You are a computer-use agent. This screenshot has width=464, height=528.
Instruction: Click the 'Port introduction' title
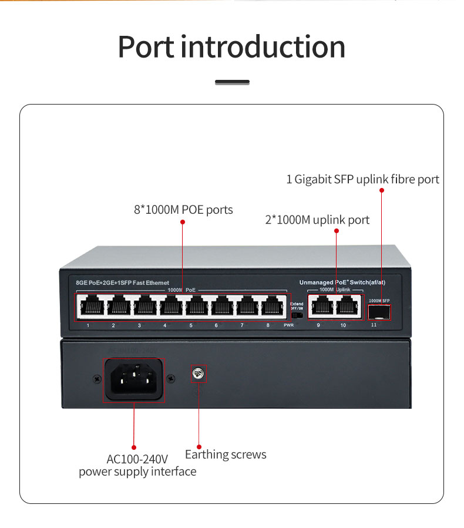click(x=231, y=47)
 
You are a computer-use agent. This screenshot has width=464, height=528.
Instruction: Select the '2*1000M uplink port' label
click(x=317, y=220)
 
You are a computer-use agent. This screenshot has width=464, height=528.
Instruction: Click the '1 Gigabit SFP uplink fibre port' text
click(x=362, y=179)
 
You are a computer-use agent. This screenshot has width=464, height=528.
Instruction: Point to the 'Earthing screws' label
click(x=226, y=455)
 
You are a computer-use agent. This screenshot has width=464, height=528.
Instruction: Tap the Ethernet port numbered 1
click(x=88, y=307)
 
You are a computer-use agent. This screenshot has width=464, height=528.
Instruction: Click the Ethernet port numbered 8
click(x=268, y=307)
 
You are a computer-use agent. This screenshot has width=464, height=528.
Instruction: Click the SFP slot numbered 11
click(x=379, y=312)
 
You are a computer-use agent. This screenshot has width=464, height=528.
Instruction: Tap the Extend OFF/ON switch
click(x=297, y=315)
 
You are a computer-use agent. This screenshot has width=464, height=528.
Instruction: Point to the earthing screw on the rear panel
click(x=198, y=373)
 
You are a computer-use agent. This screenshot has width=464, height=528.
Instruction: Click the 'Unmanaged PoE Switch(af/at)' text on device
click(x=342, y=283)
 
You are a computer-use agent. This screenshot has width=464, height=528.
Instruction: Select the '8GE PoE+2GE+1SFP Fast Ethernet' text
click(x=122, y=283)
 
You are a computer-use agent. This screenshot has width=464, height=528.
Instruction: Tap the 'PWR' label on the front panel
click(x=288, y=325)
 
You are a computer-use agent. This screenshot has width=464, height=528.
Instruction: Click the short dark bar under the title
click(x=232, y=82)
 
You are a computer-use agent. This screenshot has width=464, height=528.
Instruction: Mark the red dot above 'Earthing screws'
click(x=199, y=447)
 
